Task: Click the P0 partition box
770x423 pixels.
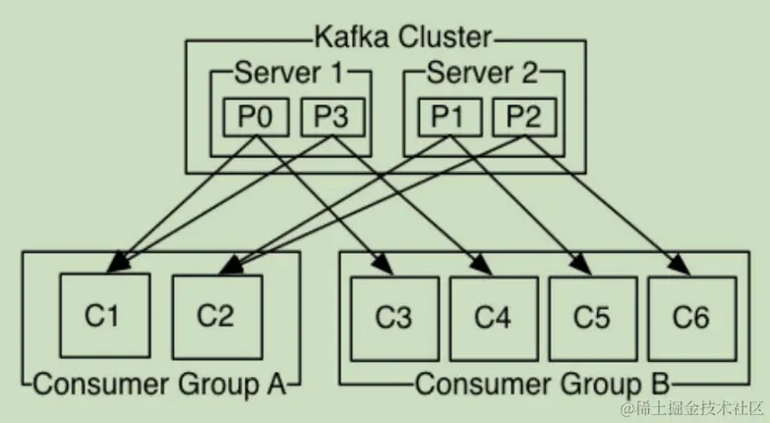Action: click(256, 117)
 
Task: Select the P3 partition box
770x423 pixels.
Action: click(332, 117)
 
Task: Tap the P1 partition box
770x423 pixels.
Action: click(449, 117)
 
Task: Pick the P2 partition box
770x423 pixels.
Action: click(524, 117)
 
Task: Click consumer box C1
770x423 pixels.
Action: click(104, 316)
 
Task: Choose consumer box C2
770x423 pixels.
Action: click(217, 317)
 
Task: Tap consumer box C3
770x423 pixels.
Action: click(394, 319)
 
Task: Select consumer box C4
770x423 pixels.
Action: click(494, 319)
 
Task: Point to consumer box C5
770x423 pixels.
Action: click(593, 319)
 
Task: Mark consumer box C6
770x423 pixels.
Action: click(692, 319)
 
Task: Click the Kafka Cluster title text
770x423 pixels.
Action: click(402, 37)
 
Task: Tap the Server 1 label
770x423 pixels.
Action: click(289, 73)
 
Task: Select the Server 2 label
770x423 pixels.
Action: click(482, 73)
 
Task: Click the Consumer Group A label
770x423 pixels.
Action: click(159, 384)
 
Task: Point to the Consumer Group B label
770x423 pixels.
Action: click(543, 384)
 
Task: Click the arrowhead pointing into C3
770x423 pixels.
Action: click(385, 266)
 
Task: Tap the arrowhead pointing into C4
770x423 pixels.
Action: click(482, 266)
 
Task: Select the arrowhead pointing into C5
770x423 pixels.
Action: click(581, 266)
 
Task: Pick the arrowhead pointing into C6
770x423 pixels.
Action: click(681, 266)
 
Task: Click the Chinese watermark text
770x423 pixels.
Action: click(691, 408)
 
